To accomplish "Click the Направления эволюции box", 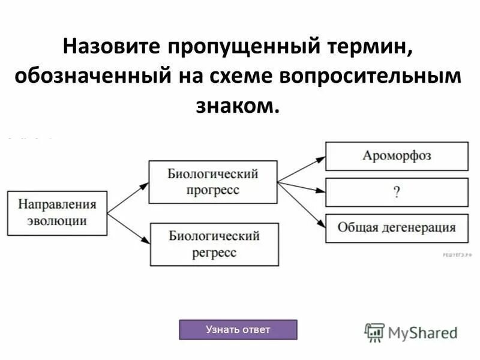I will [x=57, y=212].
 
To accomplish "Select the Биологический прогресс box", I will [x=213, y=181].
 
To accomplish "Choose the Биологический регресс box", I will [x=214, y=244].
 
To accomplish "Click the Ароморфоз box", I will [x=397, y=156].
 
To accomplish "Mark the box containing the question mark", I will [x=397, y=192].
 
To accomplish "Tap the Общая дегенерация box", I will [x=397, y=228].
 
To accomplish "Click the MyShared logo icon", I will [x=374, y=332].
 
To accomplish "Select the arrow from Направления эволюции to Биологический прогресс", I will [x=128, y=197].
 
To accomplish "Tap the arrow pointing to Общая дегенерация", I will [x=302, y=203].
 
